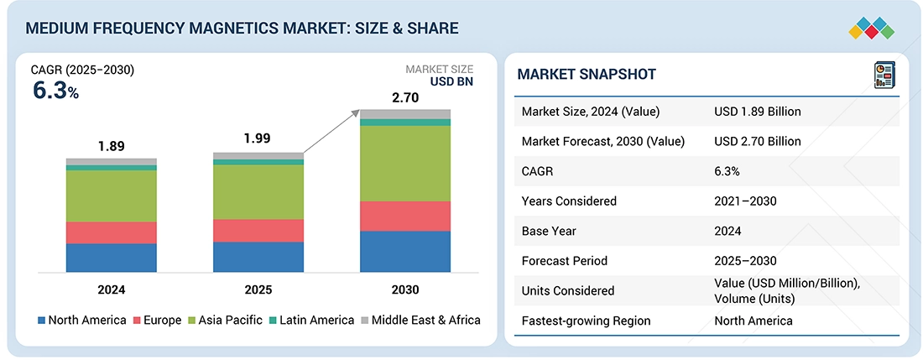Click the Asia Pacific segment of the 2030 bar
coord(405,164)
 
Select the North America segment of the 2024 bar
coord(112,258)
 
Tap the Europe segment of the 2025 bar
coord(258,231)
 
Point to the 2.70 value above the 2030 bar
coord(405,98)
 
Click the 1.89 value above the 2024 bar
coord(111,146)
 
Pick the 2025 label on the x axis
coord(258,290)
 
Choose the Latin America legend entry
coord(313,320)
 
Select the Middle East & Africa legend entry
coord(420,320)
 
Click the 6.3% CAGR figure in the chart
coord(55,91)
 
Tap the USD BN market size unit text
coord(451,82)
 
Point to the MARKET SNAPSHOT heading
coord(587,75)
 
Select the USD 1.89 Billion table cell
coord(757,112)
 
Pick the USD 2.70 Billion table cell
coord(757,141)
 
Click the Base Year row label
coord(547,231)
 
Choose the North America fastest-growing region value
coord(753,321)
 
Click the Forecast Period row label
coord(564,260)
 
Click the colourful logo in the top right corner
coord(871,28)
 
